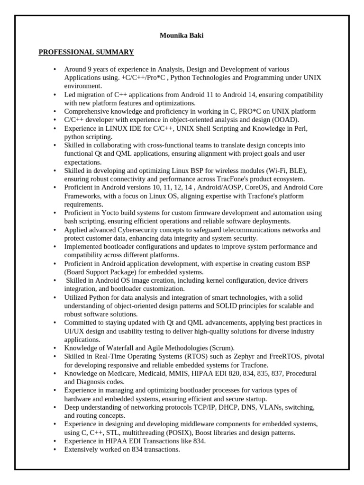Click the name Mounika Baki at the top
coord(182,36)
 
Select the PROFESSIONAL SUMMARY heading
coord(86,52)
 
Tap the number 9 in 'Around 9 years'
coord(89,69)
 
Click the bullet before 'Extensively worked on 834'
coord(55,449)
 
